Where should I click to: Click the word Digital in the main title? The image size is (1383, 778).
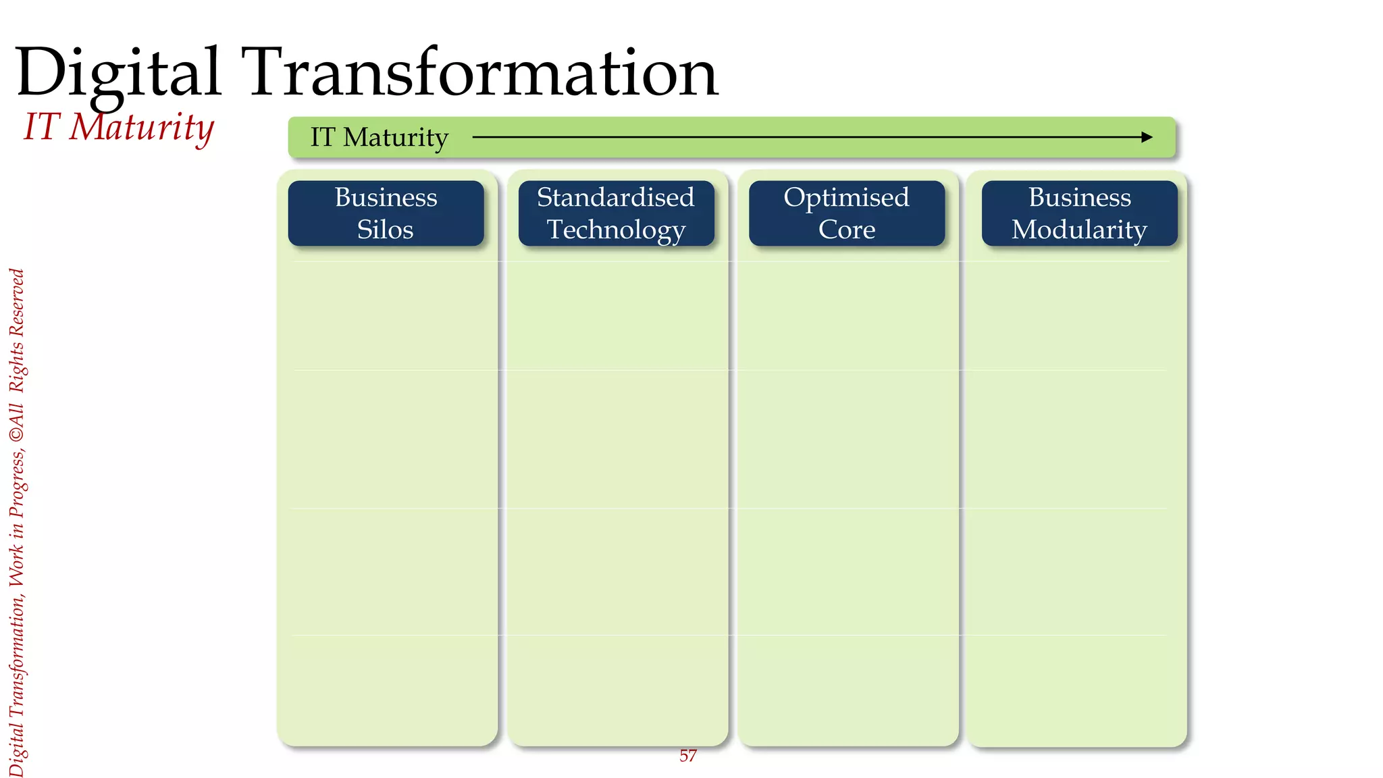point(118,73)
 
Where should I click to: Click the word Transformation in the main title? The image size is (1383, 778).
point(481,73)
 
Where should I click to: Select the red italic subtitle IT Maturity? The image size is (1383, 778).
point(119,127)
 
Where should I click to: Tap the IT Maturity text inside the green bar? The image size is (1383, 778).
point(379,138)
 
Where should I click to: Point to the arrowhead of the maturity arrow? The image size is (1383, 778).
point(1147,137)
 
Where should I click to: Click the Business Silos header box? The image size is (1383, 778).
point(386,213)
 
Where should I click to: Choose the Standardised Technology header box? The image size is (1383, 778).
point(616,213)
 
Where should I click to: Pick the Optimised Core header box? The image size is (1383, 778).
point(846,213)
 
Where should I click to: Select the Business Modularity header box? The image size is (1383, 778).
point(1079,213)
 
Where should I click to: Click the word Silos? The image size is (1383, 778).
point(385,230)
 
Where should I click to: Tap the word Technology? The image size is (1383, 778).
point(616,230)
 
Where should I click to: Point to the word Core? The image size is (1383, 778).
point(847,230)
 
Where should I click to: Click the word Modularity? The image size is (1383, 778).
point(1079,230)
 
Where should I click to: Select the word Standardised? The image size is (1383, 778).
point(616,197)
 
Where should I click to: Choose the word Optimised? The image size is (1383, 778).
point(846,197)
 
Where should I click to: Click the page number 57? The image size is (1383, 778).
point(687,756)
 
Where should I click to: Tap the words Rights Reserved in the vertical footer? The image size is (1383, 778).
point(17,331)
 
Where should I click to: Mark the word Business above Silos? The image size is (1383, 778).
point(386,197)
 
